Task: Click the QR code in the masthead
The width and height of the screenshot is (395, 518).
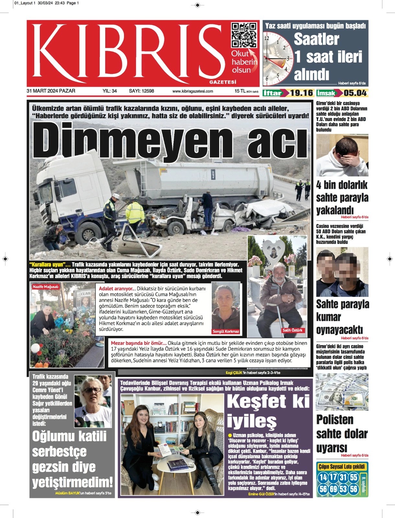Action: click(x=243, y=35)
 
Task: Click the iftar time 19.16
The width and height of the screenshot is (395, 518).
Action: click(x=301, y=93)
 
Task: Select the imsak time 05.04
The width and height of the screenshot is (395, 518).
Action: click(x=355, y=93)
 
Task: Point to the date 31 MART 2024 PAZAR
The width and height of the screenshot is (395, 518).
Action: click(x=51, y=91)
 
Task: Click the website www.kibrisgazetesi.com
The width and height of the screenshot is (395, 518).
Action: click(x=193, y=91)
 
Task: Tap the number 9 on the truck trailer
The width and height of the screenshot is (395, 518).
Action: click(x=213, y=175)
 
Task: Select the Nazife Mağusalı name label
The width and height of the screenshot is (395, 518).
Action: click(x=46, y=287)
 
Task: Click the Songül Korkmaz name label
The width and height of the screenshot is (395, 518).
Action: click(x=226, y=331)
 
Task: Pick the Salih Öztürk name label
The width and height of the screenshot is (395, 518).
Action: click(x=292, y=330)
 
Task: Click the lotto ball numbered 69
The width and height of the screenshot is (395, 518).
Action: click(x=333, y=489)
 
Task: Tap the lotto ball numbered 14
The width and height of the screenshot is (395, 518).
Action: click(x=323, y=477)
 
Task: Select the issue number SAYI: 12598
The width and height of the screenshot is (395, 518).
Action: click(x=141, y=91)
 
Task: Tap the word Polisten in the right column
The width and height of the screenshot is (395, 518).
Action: click(x=335, y=420)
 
